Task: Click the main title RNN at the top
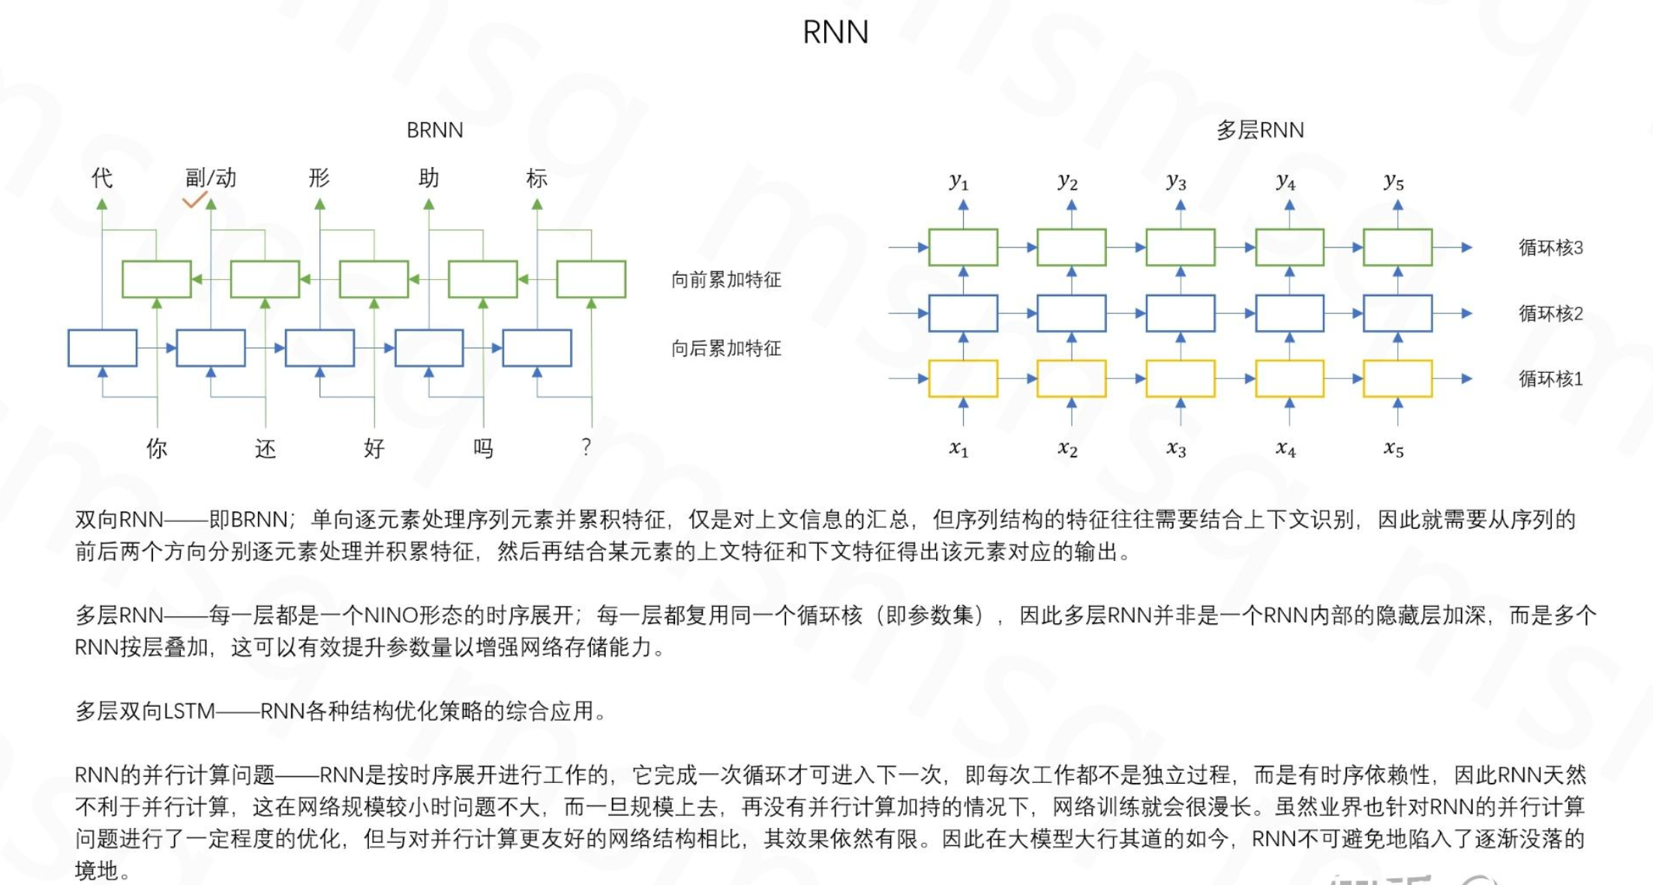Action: click(835, 32)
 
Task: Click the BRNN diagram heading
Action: click(434, 130)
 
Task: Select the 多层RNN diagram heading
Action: click(1260, 130)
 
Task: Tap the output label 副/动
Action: click(211, 178)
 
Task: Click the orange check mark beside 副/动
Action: click(194, 199)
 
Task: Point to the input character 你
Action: click(157, 448)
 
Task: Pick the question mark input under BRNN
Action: click(586, 447)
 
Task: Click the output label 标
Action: click(537, 178)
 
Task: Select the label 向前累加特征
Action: click(726, 280)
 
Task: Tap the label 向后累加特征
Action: click(726, 348)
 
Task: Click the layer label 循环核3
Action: click(1550, 247)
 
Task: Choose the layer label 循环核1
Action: click(1550, 379)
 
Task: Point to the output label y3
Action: click(1176, 181)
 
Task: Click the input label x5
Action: click(1393, 448)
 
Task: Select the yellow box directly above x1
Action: click(963, 379)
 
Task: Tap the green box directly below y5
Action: click(1397, 247)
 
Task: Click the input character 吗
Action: click(483, 448)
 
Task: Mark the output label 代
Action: click(102, 178)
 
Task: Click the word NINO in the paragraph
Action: click(391, 616)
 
